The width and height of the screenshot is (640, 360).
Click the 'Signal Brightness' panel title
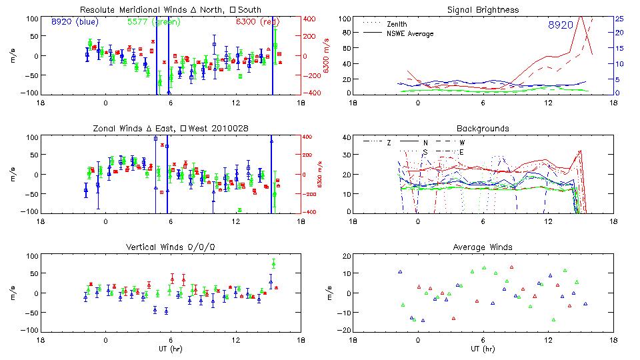click(484, 10)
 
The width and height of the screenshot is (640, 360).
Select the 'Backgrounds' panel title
click(484, 129)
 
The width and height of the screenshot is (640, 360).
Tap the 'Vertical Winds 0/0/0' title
click(171, 247)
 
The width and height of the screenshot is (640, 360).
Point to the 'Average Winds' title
click(484, 247)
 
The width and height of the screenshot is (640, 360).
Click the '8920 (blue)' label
click(75, 23)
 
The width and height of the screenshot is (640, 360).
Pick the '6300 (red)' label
click(257, 23)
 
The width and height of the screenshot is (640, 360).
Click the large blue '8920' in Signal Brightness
click(560, 25)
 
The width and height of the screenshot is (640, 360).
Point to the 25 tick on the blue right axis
click(619, 19)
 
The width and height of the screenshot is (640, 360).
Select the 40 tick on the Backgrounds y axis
click(347, 138)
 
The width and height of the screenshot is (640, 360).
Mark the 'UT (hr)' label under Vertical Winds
click(171, 348)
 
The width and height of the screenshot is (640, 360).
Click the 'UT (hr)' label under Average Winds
click(484, 348)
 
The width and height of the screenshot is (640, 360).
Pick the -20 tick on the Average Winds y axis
click(345, 330)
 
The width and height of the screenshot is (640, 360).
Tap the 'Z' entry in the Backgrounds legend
click(389, 143)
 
